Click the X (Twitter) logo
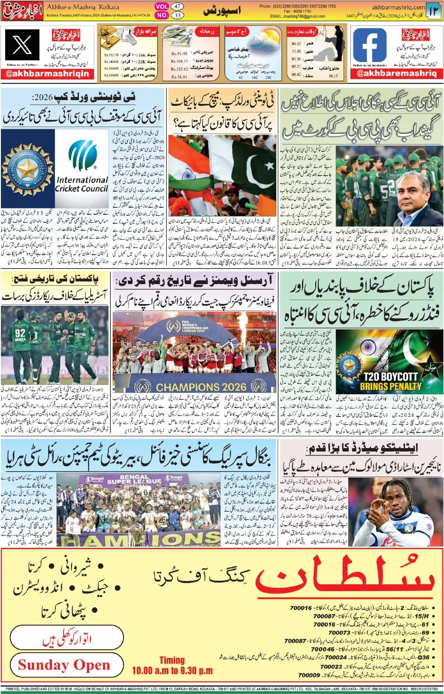coord(23,45)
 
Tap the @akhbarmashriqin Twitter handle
coord(48,73)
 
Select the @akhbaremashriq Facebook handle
coord(396,73)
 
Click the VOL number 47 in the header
coord(177,7)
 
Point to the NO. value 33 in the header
coord(177,15)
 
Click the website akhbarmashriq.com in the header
coord(398,7)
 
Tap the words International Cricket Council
coord(82,184)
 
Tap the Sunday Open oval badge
coord(64,665)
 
